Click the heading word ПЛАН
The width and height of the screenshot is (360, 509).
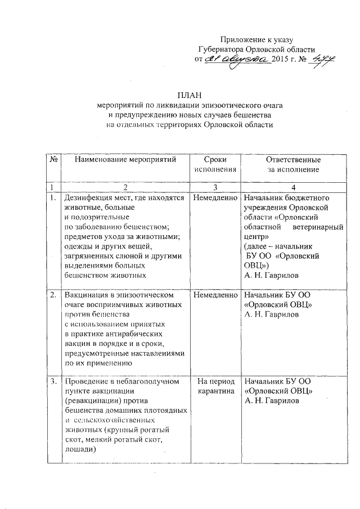coord(189,94)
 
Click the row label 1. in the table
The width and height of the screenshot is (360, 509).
coord(52,198)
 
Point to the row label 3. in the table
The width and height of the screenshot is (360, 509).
coord(52,382)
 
